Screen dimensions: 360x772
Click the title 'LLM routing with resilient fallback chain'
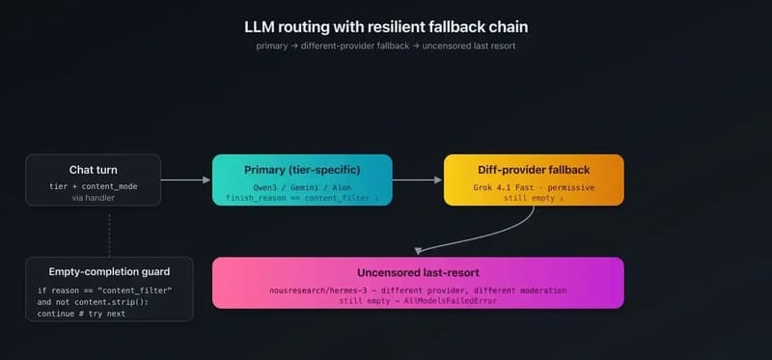tap(385, 27)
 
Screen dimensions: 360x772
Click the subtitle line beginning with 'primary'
tap(385, 46)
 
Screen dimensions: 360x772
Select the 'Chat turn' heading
tap(94, 170)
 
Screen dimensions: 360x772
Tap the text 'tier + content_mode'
tap(94, 185)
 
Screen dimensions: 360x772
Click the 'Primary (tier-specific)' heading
tap(302, 170)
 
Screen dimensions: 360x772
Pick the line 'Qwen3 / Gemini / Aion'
tap(302, 185)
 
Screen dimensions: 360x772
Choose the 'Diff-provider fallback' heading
tap(533, 170)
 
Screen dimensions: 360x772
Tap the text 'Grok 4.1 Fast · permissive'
tap(533, 185)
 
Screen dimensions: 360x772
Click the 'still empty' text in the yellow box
tap(530, 197)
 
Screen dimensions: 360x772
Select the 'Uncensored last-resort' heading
tap(417, 274)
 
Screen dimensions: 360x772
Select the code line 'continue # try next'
tap(81, 313)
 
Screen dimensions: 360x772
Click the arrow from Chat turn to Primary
tap(186, 180)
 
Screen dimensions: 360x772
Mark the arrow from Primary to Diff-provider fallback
tap(417, 180)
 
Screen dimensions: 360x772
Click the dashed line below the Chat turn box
tap(109, 232)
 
